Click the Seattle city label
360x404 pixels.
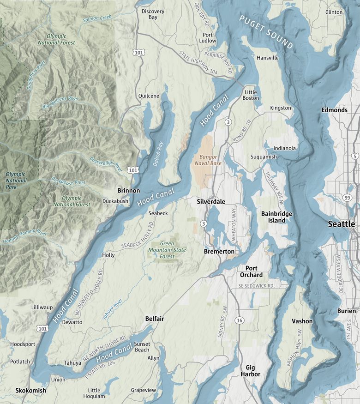341,224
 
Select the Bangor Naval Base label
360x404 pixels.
210,160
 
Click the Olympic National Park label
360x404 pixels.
16,181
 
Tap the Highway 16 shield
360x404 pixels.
239,320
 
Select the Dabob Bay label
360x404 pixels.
158,154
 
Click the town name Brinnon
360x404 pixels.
129,190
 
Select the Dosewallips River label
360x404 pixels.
105,163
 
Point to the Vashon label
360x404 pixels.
302,321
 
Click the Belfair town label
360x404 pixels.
155,319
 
